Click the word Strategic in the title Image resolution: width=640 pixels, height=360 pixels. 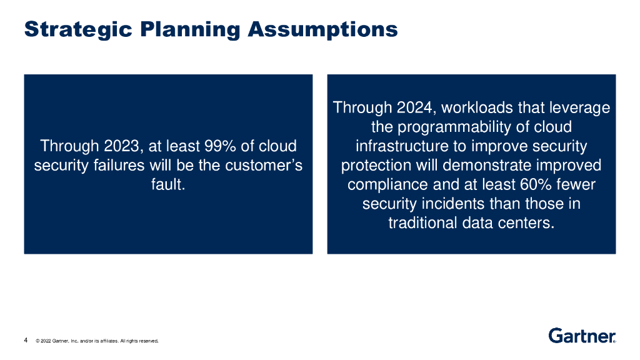click(x=78, y=30)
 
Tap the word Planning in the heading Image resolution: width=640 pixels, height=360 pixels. click(x=190, y=30)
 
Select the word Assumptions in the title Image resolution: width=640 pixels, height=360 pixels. click(x=323, y=30)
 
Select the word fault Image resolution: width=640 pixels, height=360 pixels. click(x=168, y=184)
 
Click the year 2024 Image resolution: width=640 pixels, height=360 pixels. click(x=415, y=107)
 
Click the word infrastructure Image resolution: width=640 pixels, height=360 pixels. click(x=402, y=146)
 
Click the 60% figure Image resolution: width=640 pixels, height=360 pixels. click(x=536, y=184)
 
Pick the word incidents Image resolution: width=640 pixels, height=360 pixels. click(x=453, y=204)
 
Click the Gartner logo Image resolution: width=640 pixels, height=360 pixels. click(x=582, y=336)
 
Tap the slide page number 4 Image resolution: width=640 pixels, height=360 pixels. click(x=26, y=340)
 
